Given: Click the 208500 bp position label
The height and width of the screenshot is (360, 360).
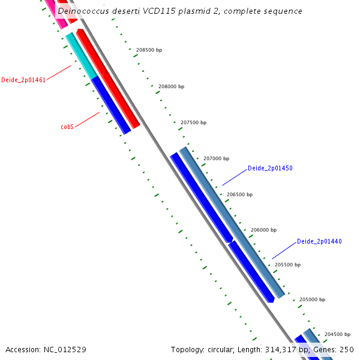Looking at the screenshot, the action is point(149,50).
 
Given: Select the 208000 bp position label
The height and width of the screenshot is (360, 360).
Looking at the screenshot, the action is point(171,86).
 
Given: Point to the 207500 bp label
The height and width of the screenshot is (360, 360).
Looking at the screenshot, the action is point(193,122).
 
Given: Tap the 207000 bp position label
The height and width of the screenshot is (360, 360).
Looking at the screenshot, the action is point(216,158).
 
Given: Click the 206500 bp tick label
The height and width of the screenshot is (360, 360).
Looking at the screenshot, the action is point(239,194).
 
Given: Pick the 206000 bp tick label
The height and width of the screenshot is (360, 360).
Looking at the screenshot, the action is point(263,230).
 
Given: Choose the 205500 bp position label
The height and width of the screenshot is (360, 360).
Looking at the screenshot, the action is point(287,265).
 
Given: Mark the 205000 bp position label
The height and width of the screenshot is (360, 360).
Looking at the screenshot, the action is point(312,299).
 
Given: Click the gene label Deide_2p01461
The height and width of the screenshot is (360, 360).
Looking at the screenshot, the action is point(23,80).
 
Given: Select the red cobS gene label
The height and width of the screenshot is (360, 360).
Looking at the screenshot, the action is point(67,127).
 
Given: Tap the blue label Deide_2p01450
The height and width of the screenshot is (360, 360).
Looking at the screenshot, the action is point(270,169).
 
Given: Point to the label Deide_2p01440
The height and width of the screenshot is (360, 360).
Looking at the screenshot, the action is point(319,241).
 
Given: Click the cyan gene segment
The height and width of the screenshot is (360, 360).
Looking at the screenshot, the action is point(81,56).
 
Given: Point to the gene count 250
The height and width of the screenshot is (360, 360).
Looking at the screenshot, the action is point(347,349).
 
